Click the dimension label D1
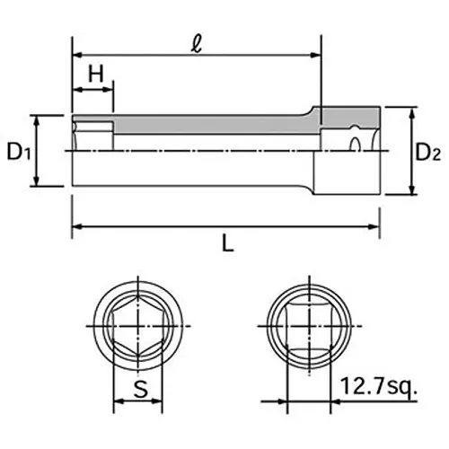(x=20, y=153)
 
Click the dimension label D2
(x=428, y=153)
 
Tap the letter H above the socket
(x=92, y=75)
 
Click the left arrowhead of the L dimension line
(x=75, y=224)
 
